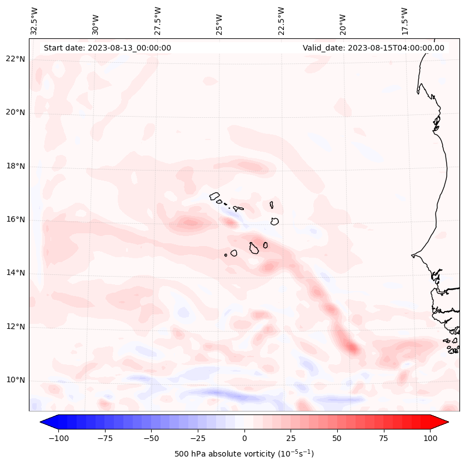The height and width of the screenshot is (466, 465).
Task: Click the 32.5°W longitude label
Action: click(34, 21)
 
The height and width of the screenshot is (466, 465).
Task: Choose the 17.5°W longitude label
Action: click(404, 21)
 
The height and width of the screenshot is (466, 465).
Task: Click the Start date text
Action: click(107, 48)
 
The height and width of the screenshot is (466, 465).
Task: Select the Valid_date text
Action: click(373, 48)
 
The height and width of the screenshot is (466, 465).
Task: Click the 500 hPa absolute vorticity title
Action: click(244, 454)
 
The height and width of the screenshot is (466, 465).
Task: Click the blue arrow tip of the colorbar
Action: click(45, 422)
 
